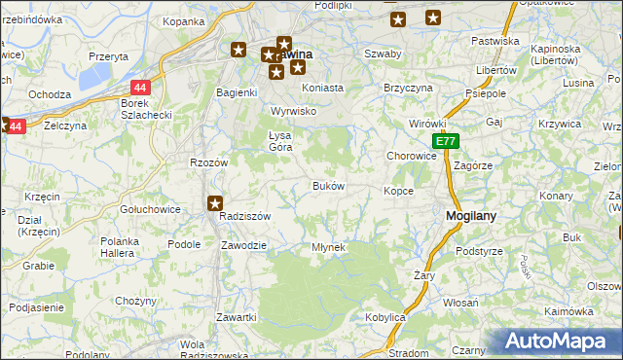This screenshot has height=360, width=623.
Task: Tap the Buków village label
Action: point(327,186)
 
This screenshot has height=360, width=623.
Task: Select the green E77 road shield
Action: point(445,142)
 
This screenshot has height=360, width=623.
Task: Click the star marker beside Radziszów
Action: point(215,202)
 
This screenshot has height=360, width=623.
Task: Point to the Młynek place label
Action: point(328,247)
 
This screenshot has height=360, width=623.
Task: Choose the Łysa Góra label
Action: point(279,141)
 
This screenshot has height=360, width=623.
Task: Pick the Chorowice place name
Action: point(411,155)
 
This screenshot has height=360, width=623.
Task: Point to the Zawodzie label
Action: point(243,245)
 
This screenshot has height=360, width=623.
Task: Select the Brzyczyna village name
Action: point(408,87)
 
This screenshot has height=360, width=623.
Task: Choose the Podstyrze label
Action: point(478,251)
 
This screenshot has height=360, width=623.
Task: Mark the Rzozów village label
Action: point(208,162)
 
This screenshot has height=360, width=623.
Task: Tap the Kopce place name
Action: point(398,191)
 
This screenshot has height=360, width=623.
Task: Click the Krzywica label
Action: point(559,124)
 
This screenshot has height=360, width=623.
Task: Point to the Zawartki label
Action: point(237,318)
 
